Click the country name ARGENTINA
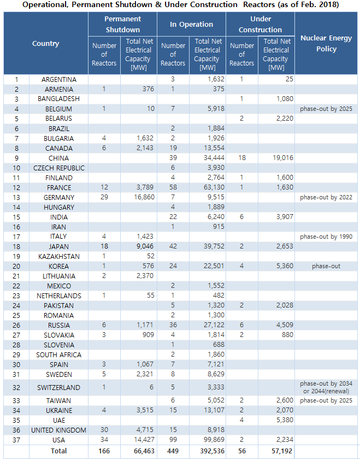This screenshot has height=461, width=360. [x=59, y=79]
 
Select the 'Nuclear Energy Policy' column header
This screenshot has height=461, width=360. [x=326, y=44]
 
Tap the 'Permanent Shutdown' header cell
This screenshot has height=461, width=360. [x=122, y=24]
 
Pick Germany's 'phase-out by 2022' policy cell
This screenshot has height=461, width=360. [x=326, y=197]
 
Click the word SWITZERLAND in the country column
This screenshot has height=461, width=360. [x=59, y=388]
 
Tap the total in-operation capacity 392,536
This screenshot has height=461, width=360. [x=209, y=451]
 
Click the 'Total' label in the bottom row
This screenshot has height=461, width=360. [x=59, y=451]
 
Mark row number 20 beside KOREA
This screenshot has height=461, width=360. [x=16, y=267]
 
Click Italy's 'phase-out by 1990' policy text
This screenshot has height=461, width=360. [x=326, y=237]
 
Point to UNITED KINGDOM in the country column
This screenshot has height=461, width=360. [x=59, y=430]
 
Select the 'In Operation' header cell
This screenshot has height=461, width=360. [x=191, y=24]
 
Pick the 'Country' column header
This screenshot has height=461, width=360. [x=46, y=44]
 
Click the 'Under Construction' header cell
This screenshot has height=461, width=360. [x=260, y=24]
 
